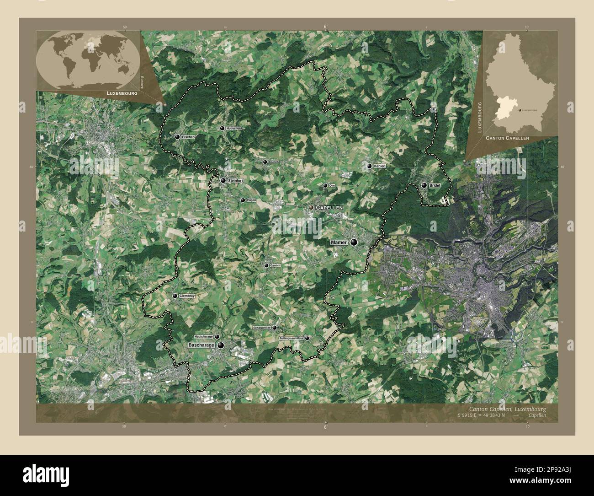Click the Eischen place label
[x=188, y=137]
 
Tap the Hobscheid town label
[x=233, y=129]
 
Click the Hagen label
[x=251, y=200]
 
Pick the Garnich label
[x=275, y=265]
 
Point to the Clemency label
[x=187, y=296]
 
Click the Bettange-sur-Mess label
[x=291, y=338]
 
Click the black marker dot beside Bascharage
[x=221, y=345]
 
